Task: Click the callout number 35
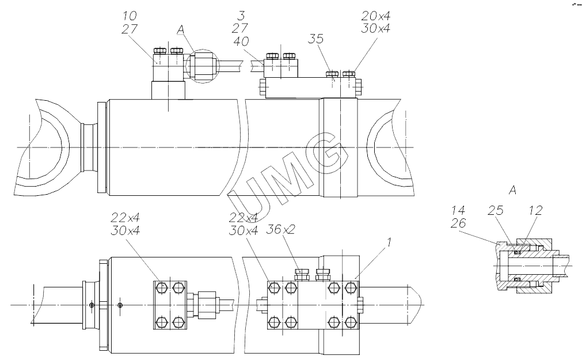315,39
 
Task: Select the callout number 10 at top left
130,16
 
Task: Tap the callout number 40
241,41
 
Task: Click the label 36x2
280,229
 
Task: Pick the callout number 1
389,243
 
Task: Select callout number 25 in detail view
495,210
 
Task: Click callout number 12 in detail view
535,210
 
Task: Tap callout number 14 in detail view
458,210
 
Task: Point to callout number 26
458,223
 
